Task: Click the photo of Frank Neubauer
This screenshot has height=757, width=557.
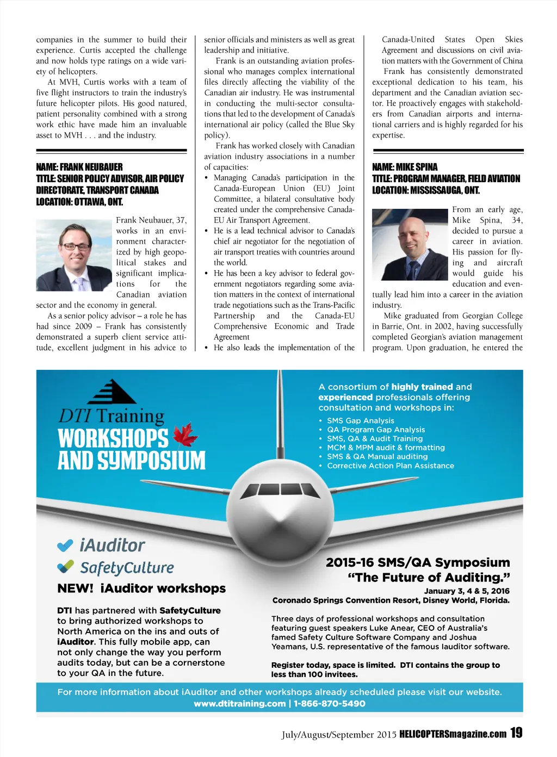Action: (74, 255)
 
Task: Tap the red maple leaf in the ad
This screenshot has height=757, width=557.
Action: (185, 435)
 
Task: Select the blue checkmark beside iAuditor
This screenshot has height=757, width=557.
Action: (65, 545)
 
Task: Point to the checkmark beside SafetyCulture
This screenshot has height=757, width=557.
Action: (65, 567)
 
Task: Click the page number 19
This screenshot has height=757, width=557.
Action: (516, 733)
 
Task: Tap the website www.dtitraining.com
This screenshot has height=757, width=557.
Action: (239, 704)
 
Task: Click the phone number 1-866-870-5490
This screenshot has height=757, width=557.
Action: (330, 704)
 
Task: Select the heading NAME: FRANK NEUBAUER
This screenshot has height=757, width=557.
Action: (79, 167)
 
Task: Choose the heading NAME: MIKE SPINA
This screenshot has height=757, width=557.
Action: (405, 167)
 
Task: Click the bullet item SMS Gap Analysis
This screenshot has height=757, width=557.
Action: (360, 421)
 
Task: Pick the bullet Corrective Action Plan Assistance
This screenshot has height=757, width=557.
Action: (390, 466)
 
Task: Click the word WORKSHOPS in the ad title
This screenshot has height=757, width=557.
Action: (113, 438)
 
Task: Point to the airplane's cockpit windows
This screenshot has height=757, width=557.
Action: (280, 489)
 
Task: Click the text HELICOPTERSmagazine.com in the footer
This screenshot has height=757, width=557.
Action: (453, 734)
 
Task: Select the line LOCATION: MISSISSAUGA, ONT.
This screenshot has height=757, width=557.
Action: (426, 190)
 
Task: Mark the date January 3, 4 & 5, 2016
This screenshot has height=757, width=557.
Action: (467, 591)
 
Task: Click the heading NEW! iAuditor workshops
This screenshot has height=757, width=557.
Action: (141, 588)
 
